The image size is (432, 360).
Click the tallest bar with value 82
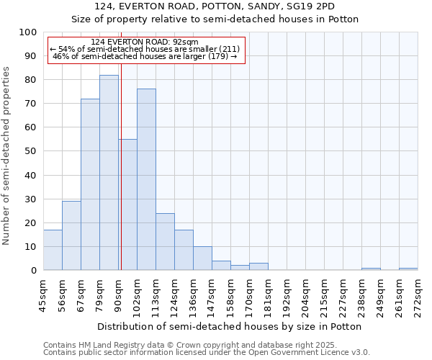[x=109, y=173]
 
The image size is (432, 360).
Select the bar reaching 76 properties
[x=146, y=180]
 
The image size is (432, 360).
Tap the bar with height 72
[x=90, y=184]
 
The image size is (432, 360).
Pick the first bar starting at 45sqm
[x=53, y=250]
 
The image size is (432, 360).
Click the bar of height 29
[x=71, y=235]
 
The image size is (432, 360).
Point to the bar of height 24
[x=165, y=242]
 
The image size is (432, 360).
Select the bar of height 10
[x=202, y=258]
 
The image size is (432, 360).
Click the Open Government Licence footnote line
[x=207, y=353]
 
